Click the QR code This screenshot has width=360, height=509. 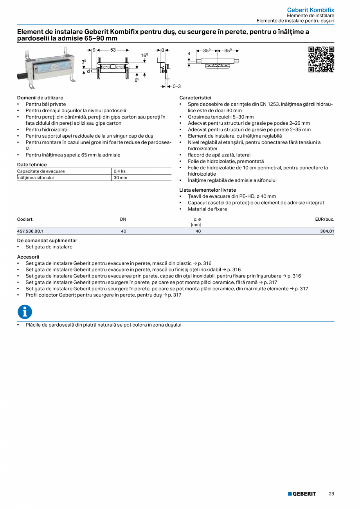click(321, 59)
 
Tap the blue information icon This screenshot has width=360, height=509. click(25, 312)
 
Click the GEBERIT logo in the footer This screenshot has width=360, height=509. click(302, 494)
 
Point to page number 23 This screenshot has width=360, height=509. click(331, 494)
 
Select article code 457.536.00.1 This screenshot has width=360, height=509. click(30, 231)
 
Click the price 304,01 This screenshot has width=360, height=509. click(327, 231)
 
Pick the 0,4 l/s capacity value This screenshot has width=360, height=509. click(120, 171)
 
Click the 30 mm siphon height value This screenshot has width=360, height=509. click(120, 178)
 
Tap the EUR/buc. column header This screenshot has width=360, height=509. click(324, 219)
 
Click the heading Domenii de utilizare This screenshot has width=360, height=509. click(40, 98)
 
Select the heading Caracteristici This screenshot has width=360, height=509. click(195, 98)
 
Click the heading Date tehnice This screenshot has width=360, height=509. click(32, 165)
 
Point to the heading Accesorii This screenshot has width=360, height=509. click(28, 257)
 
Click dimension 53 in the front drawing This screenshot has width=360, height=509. click(113, 50)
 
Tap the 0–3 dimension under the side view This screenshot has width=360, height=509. click(176, 86)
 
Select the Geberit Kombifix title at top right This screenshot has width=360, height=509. click(310, 9)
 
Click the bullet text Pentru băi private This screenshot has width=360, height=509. click(46, 104)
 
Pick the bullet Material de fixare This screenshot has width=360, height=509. click(207, 209)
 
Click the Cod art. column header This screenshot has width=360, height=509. click(25, 219)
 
